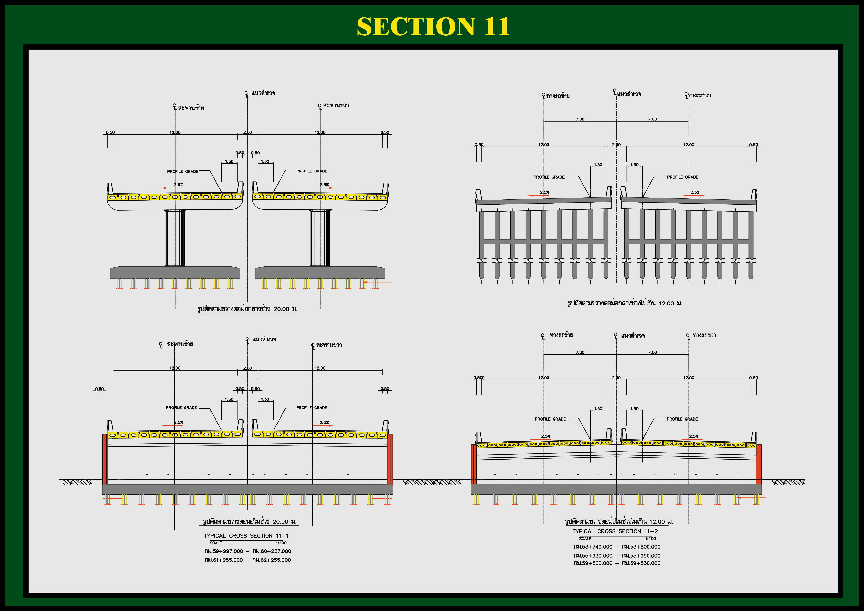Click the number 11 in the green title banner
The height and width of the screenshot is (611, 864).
tap(496, 27)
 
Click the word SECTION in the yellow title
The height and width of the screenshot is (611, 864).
tap(416, 27)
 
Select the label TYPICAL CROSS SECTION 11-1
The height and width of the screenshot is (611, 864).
tap(246, 536)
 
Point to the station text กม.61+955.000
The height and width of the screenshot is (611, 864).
tap(224, 560)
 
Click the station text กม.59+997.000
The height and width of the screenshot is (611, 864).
tap(224, 551)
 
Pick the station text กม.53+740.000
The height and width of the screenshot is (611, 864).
tap(593, 547)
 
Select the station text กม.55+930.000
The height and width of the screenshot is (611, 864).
tap(593, 555)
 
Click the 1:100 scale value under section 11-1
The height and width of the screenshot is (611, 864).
tap(281, 543)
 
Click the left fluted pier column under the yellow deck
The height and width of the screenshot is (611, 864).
tap(175, 238)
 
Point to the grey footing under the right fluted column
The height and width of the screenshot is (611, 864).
tap(320, 272)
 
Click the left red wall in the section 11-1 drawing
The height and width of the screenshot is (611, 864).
tap(105, 459)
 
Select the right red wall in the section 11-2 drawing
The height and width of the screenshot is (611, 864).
tap(759, 464)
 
